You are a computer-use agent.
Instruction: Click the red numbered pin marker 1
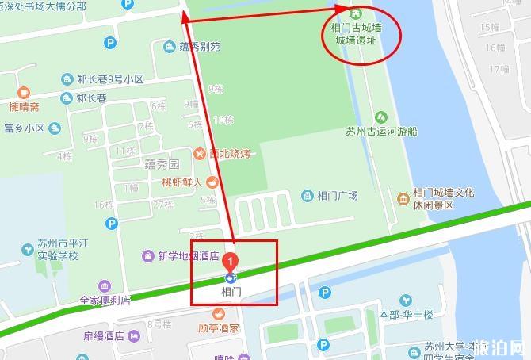point(230,259)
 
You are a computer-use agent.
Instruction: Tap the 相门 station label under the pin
point(231,292)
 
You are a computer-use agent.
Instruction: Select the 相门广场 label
point(337,196)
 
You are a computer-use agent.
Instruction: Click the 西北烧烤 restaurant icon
point(201,154)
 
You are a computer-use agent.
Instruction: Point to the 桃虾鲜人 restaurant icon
point(212,182)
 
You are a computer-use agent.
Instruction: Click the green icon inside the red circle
point(355,13)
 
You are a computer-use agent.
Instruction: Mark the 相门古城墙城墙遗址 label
point(355,32)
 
